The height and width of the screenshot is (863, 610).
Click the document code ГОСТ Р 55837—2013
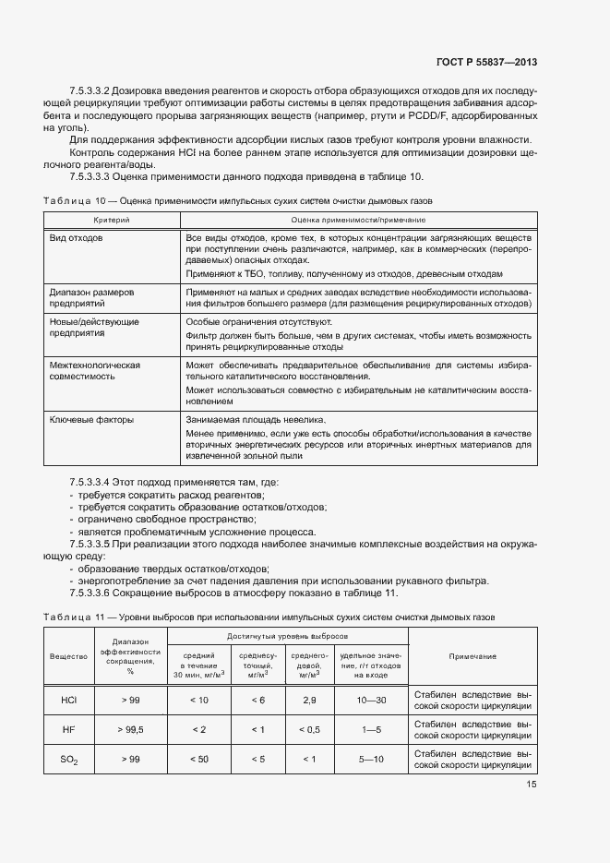click(x=486, y=62)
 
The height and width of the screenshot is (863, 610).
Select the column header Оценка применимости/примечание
click(x=357, y=220)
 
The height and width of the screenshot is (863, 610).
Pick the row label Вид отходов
click(x=77, y=238)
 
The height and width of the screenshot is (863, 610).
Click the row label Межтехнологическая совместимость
click(x=94, y=372)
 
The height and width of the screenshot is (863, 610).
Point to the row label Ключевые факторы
click(x=91, y=420)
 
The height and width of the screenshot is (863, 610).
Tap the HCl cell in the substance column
click(x=68, y=701)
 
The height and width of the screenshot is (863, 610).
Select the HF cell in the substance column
click(x=68, y=730)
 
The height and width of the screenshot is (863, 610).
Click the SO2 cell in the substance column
click(x=68, y=760)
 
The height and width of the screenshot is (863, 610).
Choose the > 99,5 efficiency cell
click(x=130, y=730)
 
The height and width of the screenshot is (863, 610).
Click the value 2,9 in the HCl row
click(x=309, y=701)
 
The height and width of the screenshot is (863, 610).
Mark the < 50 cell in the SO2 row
click(x=198, y=760)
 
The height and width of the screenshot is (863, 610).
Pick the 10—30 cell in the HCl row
click(x=372, y=701)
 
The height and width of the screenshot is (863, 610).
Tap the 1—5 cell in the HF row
click(x=372, y=730)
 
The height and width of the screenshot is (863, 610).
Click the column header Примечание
click(x=472, y=656)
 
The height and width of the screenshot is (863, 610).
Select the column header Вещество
click(x=68, y=656)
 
